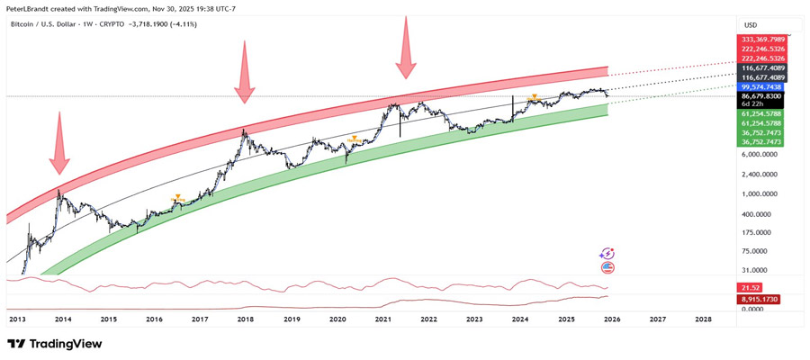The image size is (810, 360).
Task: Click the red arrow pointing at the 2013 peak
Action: pos(59,142)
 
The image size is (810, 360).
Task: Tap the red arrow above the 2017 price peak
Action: pos(244,72)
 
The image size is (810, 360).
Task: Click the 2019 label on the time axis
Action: pos(292,319)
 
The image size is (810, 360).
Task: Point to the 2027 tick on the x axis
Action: pos(657,319)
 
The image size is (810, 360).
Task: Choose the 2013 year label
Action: pos(17,319)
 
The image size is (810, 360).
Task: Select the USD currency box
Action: pos(749,24)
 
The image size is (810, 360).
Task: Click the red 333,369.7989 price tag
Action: pos(761,40)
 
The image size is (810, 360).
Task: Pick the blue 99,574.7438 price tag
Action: pos(761,86)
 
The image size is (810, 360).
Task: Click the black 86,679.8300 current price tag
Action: pos(761,95)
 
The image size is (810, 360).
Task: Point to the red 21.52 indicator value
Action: pos(750,286)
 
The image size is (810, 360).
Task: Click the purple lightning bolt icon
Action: pos(607,255)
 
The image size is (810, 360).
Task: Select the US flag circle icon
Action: pos(607,267)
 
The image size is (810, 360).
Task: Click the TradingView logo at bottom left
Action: pos(54,344)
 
